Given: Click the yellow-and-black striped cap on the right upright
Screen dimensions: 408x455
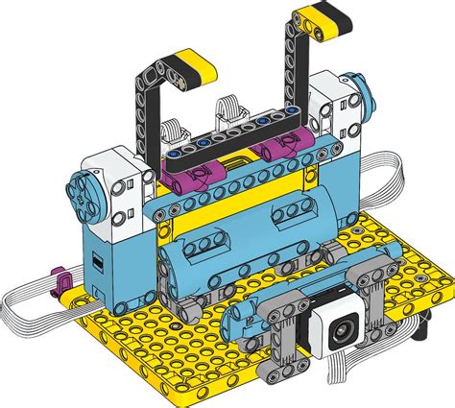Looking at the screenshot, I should click(323, 14).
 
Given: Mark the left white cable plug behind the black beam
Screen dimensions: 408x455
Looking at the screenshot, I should click(174, 126).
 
